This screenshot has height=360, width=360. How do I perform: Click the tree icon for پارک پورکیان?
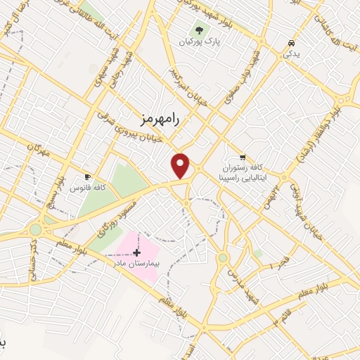[199, 31]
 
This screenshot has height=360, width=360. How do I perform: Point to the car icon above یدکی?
[290, 43]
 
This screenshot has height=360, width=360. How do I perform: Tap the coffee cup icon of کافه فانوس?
[88, 176]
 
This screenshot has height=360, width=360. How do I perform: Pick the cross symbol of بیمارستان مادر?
[136, 252]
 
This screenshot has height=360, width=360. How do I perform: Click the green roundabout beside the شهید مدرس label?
[222, 257]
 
